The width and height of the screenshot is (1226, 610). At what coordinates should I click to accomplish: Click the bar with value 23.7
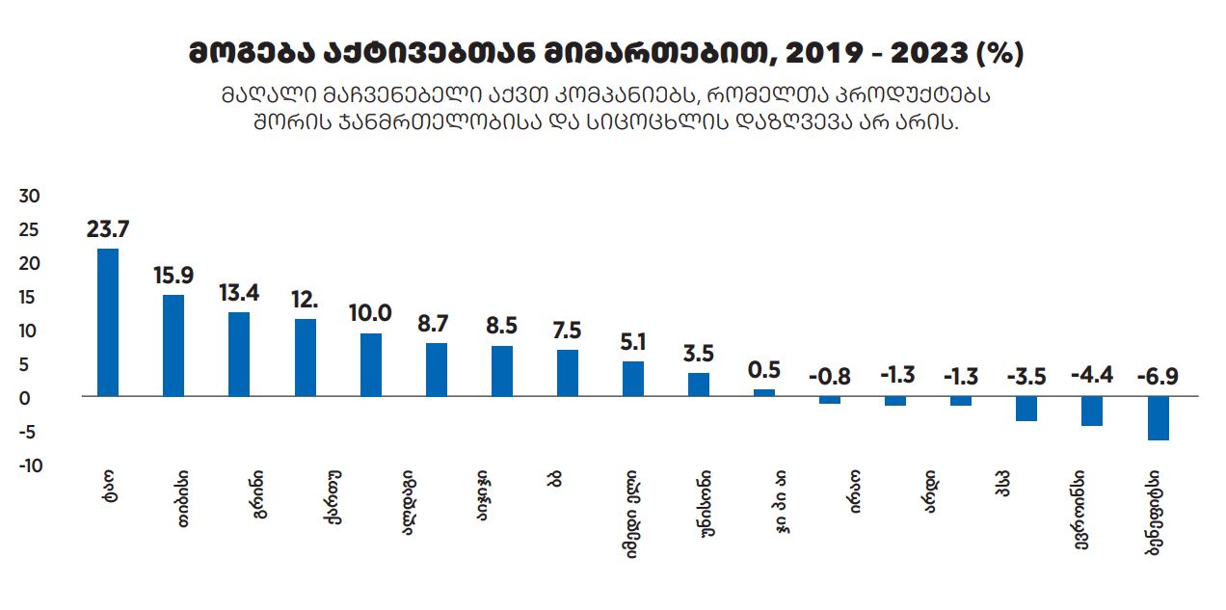[x=108, y=323]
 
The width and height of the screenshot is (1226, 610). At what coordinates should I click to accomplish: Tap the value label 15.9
[x=173, y=276]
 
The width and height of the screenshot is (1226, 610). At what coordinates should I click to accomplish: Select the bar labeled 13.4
[x=239, y=355]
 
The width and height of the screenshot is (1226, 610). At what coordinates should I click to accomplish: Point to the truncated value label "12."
[x=305, y=300]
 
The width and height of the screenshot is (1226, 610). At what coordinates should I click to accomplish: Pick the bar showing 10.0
[x=370, y=365]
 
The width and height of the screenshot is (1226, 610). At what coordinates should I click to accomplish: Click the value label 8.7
[x=436, y=324]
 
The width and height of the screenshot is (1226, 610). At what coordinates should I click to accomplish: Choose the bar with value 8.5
[x=502, y=371]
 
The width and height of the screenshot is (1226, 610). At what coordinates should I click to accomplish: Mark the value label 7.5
[x=567, y=331]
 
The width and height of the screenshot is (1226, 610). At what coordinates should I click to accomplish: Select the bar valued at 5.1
[x=633, y=379]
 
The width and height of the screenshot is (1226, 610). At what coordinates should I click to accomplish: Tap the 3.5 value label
[x=699, y=354]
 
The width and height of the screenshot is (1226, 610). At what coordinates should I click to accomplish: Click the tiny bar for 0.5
[x=764, y=393]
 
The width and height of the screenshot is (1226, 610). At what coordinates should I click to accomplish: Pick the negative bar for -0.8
[x=830, y=400]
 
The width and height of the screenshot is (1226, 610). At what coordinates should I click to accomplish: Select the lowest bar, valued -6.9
[x=1158, y=419]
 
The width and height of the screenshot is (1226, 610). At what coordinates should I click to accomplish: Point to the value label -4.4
[x=1092, y=375]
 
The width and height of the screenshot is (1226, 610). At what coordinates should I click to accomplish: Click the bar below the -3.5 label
[x=1026, y=409]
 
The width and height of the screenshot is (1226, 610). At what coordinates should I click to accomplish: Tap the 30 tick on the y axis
[x=31, y=197]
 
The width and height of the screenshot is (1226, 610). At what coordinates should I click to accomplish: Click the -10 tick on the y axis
[x=29, y=465]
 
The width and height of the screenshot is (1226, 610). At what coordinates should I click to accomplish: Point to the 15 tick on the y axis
[x=31, y=298]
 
